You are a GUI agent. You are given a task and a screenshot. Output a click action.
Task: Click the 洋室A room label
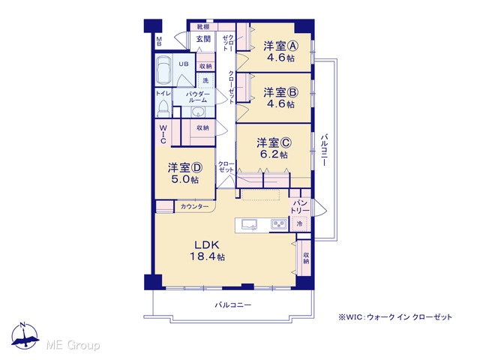280,46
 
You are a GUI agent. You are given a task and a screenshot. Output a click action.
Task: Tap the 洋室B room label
280,92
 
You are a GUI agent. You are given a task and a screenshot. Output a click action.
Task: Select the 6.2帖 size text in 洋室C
274,154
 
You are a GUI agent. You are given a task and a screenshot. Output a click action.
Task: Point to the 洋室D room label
185,167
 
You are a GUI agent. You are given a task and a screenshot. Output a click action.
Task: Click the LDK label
207,244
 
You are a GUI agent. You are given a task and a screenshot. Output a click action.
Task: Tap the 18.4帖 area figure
207,256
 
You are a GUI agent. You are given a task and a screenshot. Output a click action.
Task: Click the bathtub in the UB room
163,70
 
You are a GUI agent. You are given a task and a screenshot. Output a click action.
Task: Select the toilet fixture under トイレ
163,108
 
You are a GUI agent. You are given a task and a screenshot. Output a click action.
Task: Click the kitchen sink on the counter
250,225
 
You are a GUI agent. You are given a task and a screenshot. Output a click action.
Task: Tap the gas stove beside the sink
278,225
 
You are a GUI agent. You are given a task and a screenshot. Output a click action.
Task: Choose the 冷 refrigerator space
299,223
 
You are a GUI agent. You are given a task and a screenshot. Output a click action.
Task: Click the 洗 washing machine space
205,80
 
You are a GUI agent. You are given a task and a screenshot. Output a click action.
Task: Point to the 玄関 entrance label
203,39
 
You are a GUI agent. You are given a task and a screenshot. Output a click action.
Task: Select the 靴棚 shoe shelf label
202,27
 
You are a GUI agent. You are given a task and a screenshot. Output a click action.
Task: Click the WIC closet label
163,134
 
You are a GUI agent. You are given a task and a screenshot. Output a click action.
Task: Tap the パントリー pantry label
300,207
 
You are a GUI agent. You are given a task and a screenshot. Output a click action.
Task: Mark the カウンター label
194,207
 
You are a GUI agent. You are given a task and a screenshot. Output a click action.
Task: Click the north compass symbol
25,336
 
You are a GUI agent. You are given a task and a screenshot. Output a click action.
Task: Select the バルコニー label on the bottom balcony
233,305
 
